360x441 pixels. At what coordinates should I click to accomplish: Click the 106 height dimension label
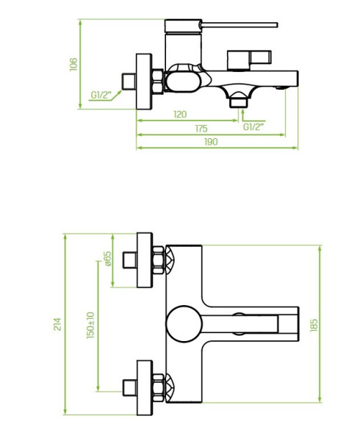(x=73, y=65)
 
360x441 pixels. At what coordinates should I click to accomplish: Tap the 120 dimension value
(x=180, y=114)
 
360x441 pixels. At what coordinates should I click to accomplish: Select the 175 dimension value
(x=201, y=129)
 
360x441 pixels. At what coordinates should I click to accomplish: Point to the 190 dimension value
(x=211, y=142)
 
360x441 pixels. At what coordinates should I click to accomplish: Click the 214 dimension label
(x=57, y=324)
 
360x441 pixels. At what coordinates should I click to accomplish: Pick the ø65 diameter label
(x=108, y=259)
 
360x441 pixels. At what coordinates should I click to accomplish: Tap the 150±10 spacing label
(x=90, y=325)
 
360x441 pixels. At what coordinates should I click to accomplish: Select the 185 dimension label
(x=314, y=325)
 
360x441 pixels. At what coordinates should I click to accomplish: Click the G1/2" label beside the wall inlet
(x=101, y=95)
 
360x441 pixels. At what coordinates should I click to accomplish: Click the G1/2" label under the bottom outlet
(x=253, y=127)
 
